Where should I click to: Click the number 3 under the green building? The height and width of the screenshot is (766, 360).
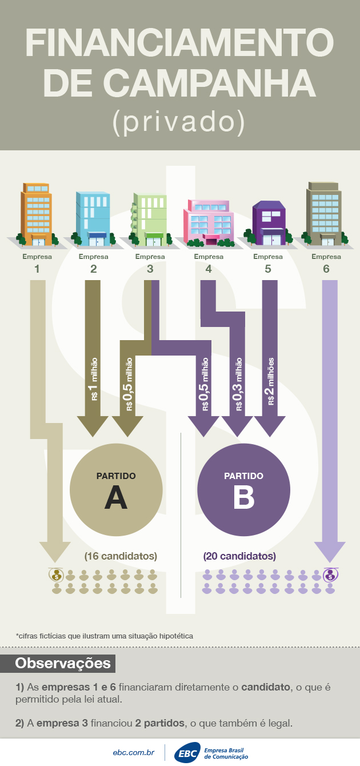tap(150, 268)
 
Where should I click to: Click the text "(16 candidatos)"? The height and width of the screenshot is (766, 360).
tap(121, 556)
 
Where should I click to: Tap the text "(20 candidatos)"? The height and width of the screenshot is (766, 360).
tap(239, 556)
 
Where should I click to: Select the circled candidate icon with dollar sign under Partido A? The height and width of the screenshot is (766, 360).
tap(57, 574)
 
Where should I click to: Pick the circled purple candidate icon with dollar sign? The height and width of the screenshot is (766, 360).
tap(330, 574)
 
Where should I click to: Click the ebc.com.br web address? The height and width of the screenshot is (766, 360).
tap(134, 753)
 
